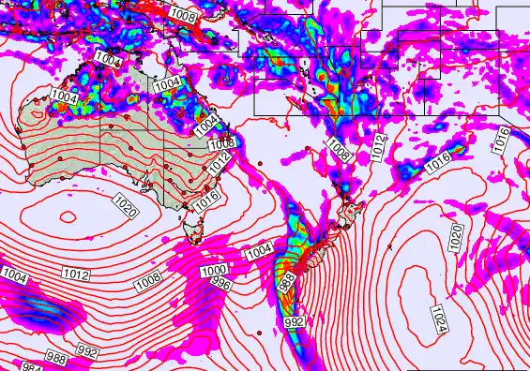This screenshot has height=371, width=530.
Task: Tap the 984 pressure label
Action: point(32,366)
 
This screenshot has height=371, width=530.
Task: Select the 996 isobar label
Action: point(220,283)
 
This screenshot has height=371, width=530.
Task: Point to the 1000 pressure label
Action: point(213,271)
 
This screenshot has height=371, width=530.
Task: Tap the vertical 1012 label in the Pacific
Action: point(378,145)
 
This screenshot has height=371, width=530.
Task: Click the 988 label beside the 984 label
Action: point(56,359)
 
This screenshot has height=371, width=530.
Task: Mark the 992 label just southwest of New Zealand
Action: point(294,321)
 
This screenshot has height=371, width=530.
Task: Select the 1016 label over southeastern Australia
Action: point(207,200)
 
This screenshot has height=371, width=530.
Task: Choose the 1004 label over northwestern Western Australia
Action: point(64,96)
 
